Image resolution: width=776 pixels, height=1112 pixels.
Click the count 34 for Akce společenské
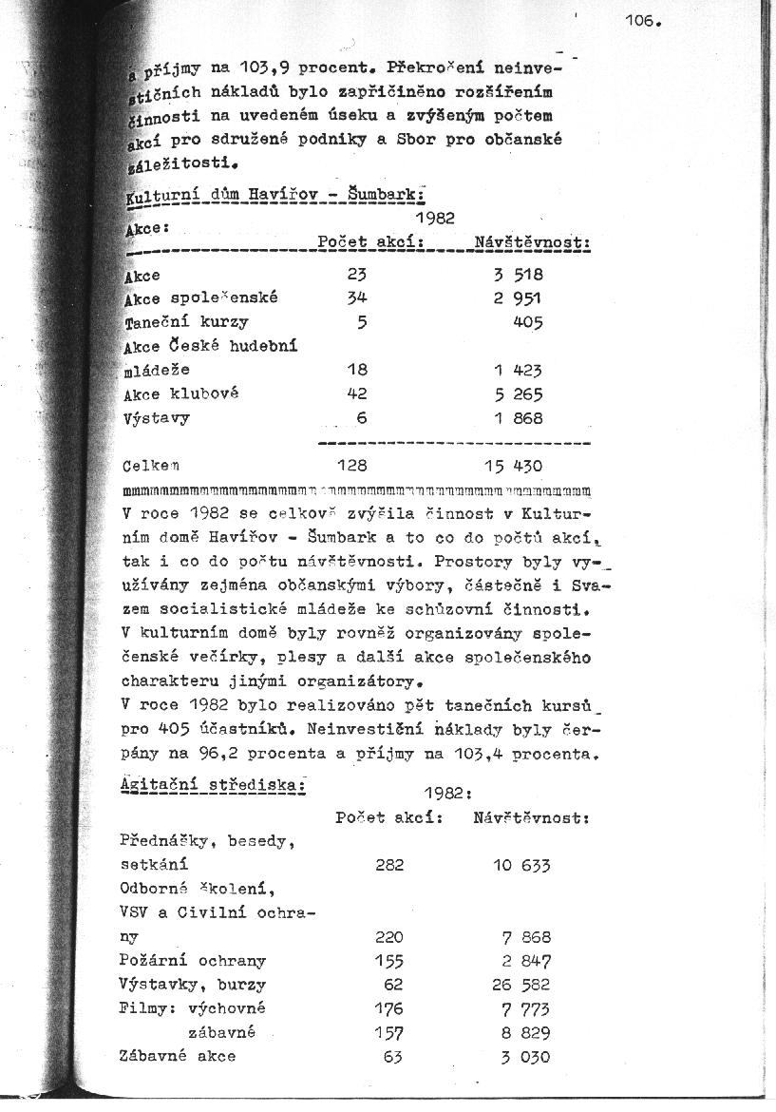coord(357,298)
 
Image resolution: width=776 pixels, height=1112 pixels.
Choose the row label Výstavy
coord(157,418)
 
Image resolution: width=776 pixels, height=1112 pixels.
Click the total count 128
coord(352,467)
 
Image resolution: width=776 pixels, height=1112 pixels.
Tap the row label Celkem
coord(151,467)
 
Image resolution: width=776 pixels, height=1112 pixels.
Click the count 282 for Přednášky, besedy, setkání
coord(389,865)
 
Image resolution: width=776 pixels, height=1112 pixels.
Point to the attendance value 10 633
coord(520,865)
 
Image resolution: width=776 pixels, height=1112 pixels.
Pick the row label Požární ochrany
coord(193,961)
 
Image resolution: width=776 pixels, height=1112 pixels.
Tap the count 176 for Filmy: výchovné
coord(389,1008)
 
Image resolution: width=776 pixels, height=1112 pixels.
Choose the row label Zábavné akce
coord(178,1056)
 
